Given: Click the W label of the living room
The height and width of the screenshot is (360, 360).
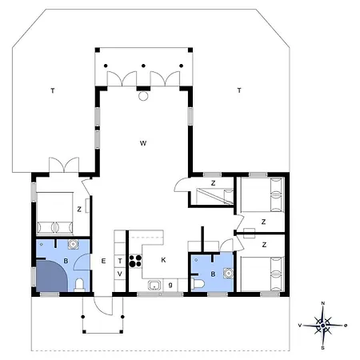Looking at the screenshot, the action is [x=143, y=143].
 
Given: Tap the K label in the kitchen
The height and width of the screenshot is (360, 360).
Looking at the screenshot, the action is [x=163, y=260].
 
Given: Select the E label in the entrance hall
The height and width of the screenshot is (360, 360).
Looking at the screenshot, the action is [x=103, y=261].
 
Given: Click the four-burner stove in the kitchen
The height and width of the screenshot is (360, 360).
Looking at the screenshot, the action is [x=135, y=261].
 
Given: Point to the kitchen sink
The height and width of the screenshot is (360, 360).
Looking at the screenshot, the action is [x=154, y=286].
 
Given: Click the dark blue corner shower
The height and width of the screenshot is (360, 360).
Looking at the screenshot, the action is [x=50, y=276].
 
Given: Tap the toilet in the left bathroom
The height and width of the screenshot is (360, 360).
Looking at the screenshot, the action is [x=79, y=286].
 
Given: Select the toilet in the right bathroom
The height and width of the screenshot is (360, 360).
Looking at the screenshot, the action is [x=198, y=284].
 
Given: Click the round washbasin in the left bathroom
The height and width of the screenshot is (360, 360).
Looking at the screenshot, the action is [x=73, y=244].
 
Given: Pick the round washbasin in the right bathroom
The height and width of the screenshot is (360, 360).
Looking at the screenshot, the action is [x=229, y=274].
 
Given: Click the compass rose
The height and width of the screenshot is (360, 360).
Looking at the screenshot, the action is [x=323, y=326].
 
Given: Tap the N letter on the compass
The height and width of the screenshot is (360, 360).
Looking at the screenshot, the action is [x=323, y=303].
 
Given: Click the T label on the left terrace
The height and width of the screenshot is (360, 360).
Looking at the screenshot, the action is [x=53, y=90].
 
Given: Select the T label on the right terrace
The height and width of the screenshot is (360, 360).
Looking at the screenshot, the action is [x=239, y=90].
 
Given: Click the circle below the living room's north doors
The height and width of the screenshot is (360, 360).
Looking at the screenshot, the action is [x=143, y=96].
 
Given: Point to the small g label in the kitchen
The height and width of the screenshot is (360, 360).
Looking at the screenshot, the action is [x=170, y=285].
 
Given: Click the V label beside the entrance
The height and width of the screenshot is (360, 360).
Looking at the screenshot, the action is [x=120, y=274].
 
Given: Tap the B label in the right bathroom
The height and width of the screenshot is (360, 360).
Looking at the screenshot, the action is [x=213, y=274].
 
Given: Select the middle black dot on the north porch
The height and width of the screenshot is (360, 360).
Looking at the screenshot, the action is [x=143, y=66].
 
